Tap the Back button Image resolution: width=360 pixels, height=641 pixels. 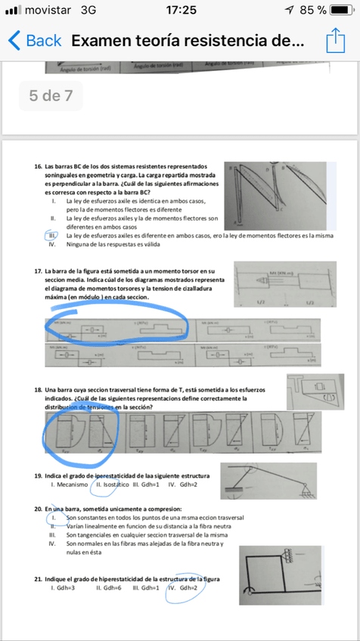34,41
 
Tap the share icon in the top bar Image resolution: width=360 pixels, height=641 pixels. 335,41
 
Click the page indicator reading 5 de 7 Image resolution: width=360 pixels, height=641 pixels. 51,95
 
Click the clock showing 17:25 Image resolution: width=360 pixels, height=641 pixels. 180,11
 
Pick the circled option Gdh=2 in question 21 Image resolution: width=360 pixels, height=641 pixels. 182,587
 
